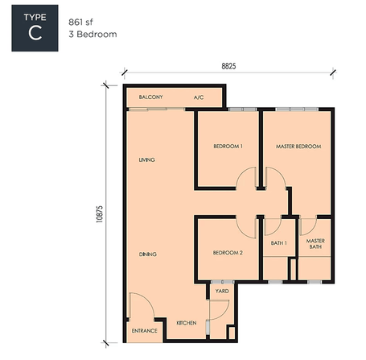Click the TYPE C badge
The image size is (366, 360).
coord(35,28)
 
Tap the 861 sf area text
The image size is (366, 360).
coord(80,22)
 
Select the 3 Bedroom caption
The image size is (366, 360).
coord(93,35)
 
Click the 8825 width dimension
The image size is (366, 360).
coord(228,66)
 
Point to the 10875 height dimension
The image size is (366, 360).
coord(99,214)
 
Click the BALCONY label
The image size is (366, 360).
coord(150,97)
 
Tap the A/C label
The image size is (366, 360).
coord(199,97)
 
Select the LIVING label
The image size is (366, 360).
coord(147,159)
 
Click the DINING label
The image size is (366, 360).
coord(148,254)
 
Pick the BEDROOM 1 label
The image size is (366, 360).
coord(228,146)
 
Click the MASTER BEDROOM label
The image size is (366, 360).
coord(298,147)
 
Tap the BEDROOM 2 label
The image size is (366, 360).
coord(228,253)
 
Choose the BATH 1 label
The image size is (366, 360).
coord(279,243)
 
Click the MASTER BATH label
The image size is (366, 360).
coord(315,244)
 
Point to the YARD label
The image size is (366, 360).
coord(222,291)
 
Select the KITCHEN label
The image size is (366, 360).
coord(187,323)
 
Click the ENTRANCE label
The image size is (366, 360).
coord(145,331)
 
